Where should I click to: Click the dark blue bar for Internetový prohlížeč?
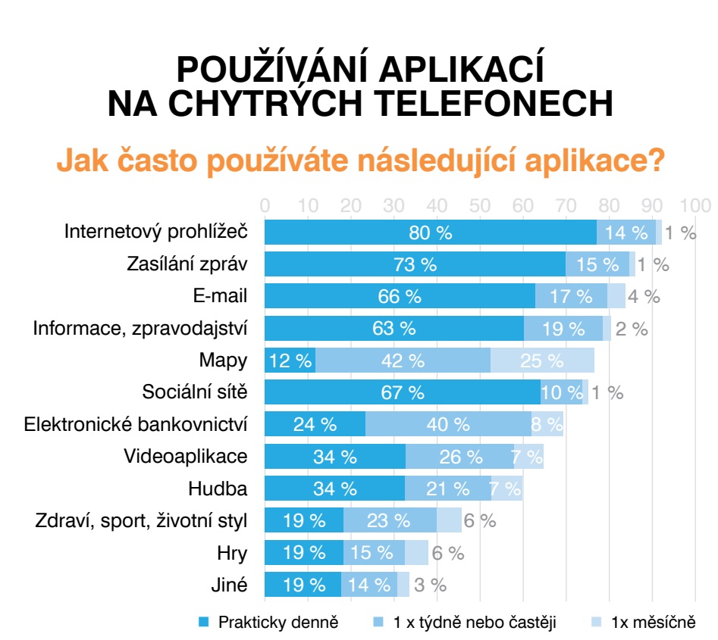point(430,233)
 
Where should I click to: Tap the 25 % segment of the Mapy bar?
point(542,361)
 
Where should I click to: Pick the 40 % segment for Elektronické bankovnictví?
point(449,424)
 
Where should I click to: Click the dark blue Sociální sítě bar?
point(403,392)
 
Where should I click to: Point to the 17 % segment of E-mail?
point(571,296)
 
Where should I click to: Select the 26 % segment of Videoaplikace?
point(459,457)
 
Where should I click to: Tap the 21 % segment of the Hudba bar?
point(447,489)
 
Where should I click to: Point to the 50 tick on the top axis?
point(480,205)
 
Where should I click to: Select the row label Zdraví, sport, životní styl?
point(141,520)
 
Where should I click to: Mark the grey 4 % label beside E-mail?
point(644,296)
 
